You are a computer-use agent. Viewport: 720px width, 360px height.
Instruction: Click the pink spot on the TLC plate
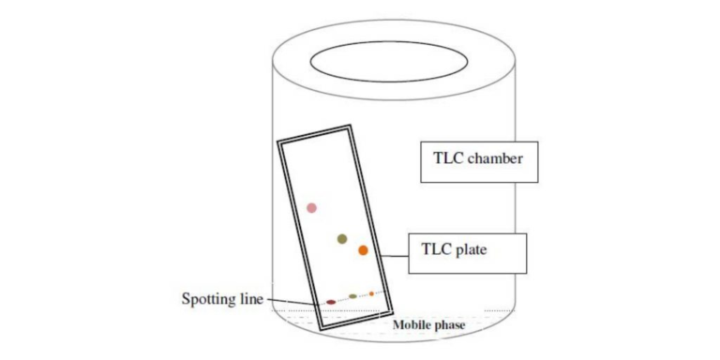pyautogui.click(x=311, y=207)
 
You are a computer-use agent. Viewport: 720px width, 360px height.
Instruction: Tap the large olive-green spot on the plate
pyautogui.click(x=343, y=239)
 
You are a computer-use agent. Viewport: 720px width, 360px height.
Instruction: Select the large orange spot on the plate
pyautogui.click(x=363, y=250)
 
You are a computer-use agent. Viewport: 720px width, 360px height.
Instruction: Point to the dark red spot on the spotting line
pyautogui.click(x=331, y=302)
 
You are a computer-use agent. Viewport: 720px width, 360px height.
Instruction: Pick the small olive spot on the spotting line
pyautogui.click(x=352, y=296)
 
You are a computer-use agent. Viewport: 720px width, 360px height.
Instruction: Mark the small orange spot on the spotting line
pyautogui.click(x=371, y=293)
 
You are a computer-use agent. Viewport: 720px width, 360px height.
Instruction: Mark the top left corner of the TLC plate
pyautogui.click(x=278, y=142)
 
